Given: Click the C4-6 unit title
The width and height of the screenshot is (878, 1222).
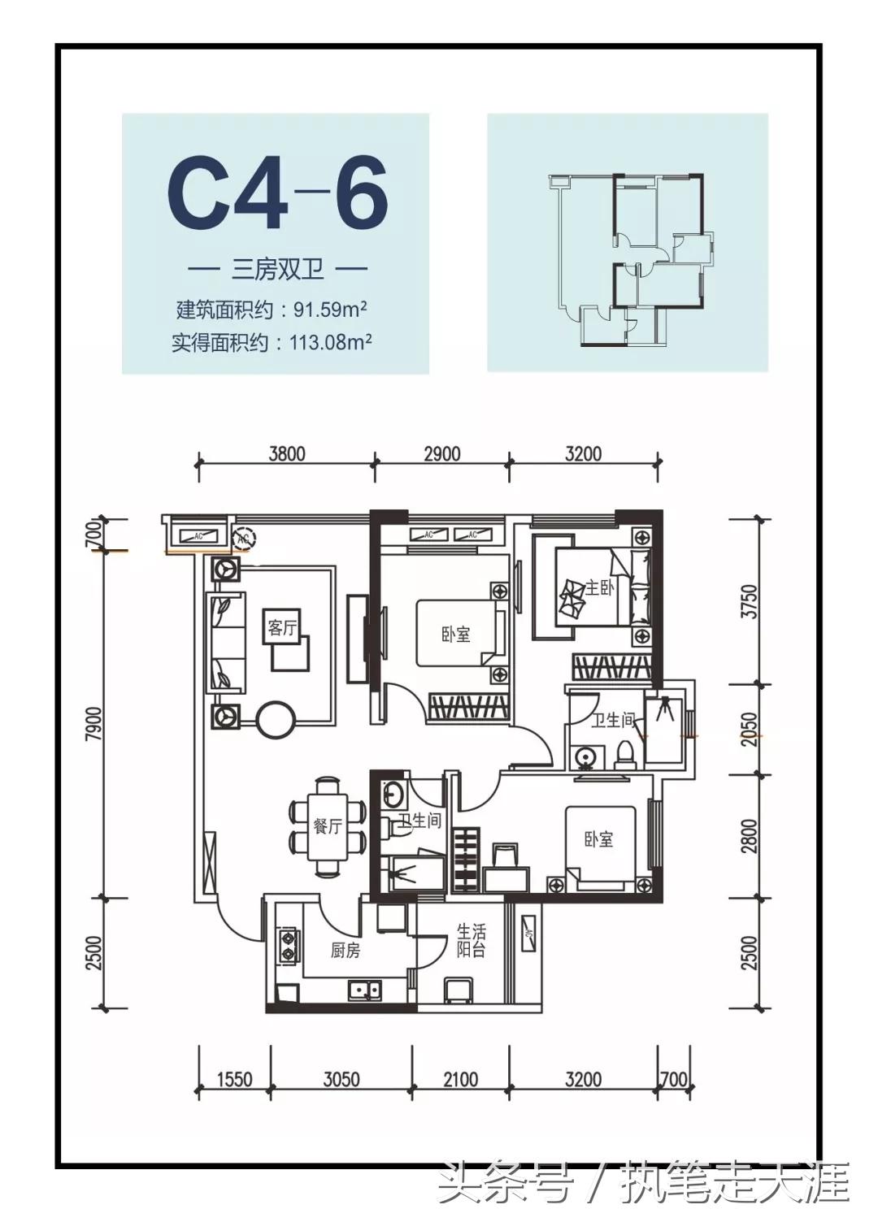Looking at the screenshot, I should (x=277, y=195).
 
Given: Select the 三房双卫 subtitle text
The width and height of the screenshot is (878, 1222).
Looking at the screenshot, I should (x=277, y=269).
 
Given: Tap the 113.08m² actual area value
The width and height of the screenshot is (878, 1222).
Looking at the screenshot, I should (x=330, y=342).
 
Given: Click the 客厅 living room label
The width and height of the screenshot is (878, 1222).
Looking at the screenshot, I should (x=283, y=627).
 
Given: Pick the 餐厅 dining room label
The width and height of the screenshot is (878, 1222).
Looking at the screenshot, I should (x=327, y=826).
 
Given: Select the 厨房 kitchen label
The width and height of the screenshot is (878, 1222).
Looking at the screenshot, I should (x=345, y=950).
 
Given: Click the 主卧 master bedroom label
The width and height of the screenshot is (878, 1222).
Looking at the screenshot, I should (x=599, y=587).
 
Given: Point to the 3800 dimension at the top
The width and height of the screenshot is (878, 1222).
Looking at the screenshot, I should (x=287, y=453).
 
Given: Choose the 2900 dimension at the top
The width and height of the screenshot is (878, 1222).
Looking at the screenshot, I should (x=441, y=453).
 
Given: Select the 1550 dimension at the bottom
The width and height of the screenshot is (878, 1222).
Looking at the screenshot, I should (x=234, y=1080).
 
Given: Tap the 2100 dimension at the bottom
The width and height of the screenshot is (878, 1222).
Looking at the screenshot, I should (x=460, y=1080).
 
